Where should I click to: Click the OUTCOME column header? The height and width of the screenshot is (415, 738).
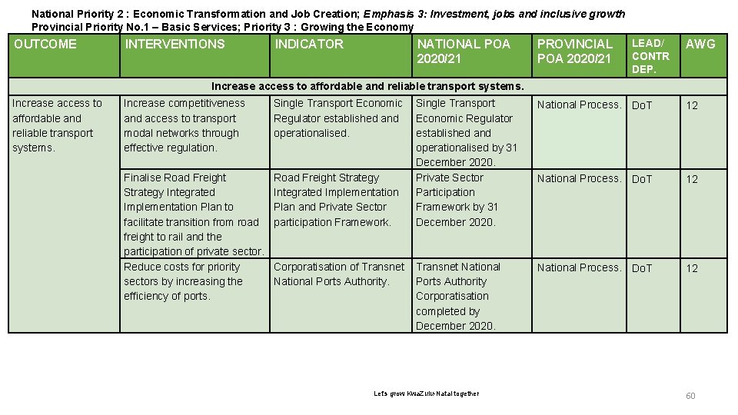click(45, 44)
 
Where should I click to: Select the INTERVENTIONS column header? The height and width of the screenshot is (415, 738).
click(175, 44)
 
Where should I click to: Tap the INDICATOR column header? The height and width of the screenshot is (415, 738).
click(309, 44)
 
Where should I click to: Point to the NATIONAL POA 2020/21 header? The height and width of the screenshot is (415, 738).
click(464, 51)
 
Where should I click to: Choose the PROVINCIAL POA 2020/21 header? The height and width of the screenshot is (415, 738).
click(575, 51)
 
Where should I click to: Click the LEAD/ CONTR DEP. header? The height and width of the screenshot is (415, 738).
click(650, 56)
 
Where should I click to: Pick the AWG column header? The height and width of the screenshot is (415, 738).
click(700, 44)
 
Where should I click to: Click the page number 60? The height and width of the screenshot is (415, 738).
click(690, 396)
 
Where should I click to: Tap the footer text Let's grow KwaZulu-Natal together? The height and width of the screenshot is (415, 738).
click(426, 393)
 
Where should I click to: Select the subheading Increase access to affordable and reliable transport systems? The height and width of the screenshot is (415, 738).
click(367, 86)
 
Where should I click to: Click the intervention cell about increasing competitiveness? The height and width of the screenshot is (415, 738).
click(184, 125)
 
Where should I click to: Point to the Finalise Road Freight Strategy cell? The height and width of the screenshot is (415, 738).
click(193, 214)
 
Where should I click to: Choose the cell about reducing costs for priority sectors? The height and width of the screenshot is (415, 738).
click(183, 281)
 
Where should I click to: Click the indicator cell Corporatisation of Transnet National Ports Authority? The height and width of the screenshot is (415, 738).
click(339, 274)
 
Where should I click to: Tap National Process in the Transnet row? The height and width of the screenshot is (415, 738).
click(579, 267)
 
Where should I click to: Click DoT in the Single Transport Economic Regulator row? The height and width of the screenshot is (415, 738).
click(641, 105)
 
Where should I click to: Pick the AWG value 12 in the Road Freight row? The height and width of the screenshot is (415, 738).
click(692, 179)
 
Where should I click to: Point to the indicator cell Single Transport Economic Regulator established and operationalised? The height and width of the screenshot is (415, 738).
click(338, 118)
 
